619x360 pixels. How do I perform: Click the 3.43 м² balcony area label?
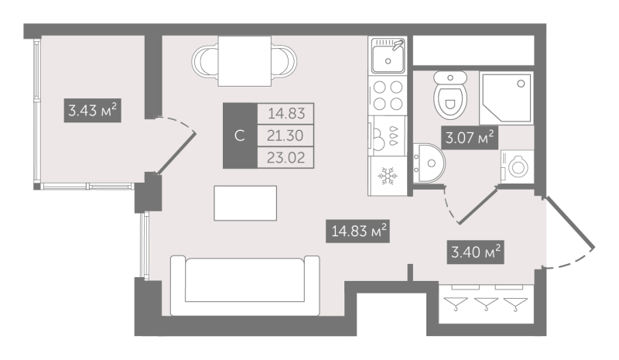(92, 110)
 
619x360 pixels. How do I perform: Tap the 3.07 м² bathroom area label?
(470, 138)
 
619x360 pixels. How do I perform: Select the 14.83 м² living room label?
(358, 231)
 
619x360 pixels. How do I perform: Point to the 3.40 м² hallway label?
(476, 252)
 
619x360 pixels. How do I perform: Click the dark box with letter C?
(240, 135)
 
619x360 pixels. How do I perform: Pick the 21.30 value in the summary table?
(285, 135)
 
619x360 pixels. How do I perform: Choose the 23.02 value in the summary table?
(286, 158)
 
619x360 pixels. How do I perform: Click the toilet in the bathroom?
(450, 95)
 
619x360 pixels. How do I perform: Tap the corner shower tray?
(506, 98)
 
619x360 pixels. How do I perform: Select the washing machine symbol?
(517, 166)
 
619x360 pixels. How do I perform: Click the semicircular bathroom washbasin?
(429, 163)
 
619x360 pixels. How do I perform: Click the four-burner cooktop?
(388, 95)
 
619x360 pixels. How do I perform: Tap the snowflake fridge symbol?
(388, 176)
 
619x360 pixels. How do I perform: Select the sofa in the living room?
(245, 286)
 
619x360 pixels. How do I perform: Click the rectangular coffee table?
(245, 203)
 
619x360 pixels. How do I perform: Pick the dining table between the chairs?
(245, 61)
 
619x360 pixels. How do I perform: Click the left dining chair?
(205, 61)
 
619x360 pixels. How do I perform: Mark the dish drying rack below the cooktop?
(388, 135)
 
